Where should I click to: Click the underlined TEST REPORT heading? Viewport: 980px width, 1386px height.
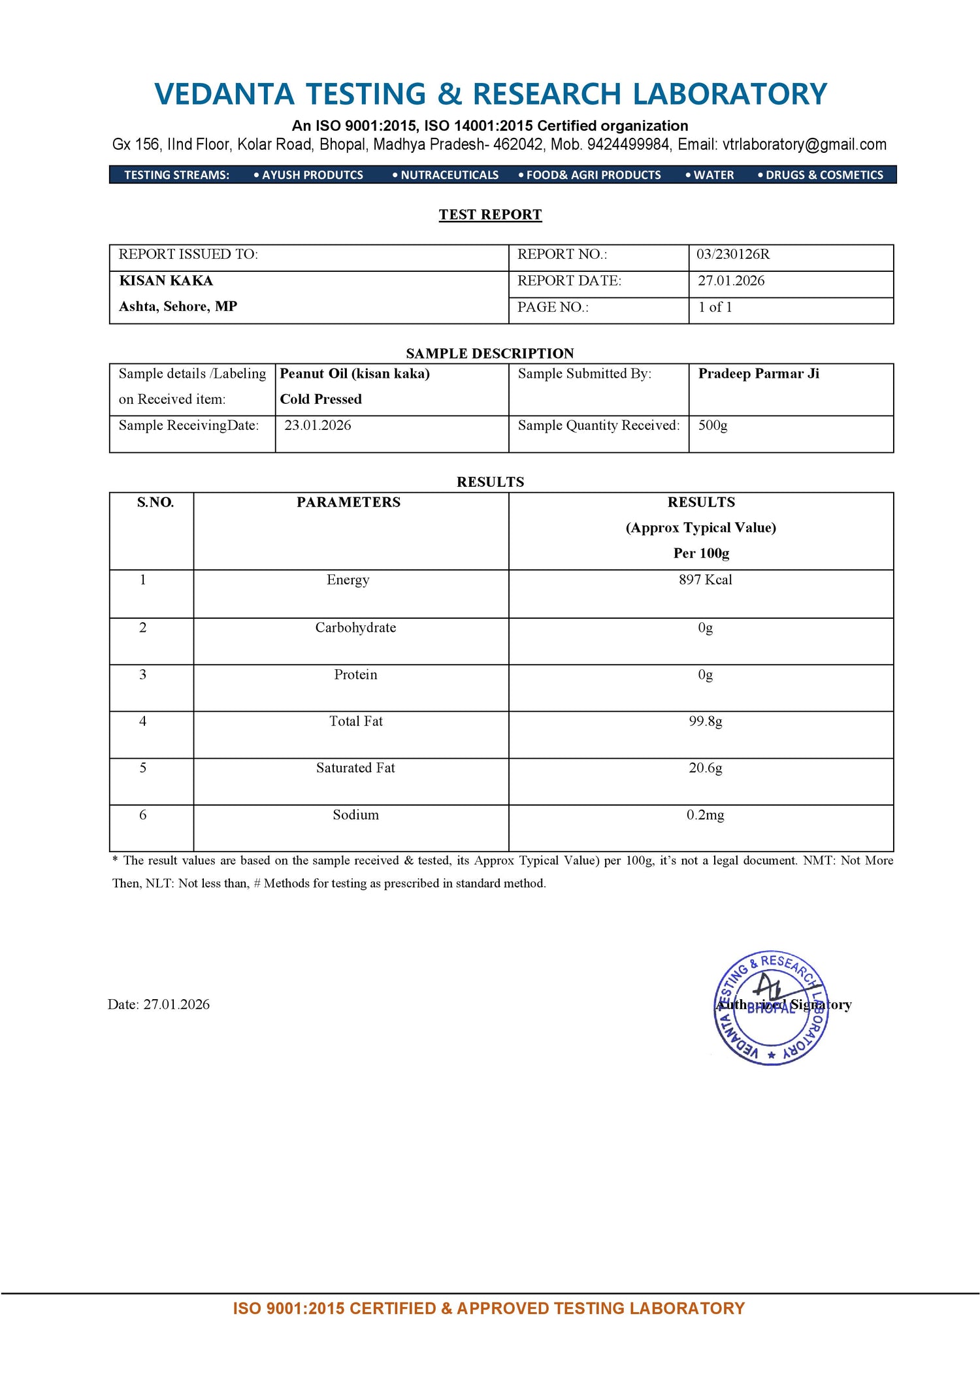pyautogui.click(x=490, y=214)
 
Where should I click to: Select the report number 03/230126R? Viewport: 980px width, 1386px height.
pyautogui.click(x=732, y=254)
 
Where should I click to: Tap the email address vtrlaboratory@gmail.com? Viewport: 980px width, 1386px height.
pyautogui.click(x=804, y=144)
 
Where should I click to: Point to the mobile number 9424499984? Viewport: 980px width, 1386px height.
pyautogui.click(x=628, y=144)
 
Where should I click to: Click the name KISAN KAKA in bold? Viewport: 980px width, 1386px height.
pyautogui.click(x=166, y=281)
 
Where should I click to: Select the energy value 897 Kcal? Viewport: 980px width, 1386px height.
pyautogui.click(x=705, y=580)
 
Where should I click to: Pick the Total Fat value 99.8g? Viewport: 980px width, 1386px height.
pyautogui.click(x=705, y=721)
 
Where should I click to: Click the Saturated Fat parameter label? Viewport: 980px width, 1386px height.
pyautogui.click(x=355, y=768)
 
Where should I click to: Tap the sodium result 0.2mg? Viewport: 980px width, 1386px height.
pyautogui.click(x=705, y=815)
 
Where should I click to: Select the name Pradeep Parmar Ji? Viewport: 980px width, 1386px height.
pyautogui.click(x=758, y=374)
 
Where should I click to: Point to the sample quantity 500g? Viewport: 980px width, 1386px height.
pyautogui.click(x=712, y=425)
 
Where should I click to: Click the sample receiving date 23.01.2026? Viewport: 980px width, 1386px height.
pyautogui.click(x=318, y=425)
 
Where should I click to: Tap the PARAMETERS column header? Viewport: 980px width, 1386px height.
pyautogui.click(x=348, y=502)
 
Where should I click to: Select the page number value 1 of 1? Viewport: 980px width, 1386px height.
pyautogui.click(x=715, y=307)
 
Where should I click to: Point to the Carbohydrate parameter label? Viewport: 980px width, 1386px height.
pyautogui.click(x=355, y=627)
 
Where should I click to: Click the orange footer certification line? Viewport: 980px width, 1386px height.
pyautogui.click(x=489, y=1308)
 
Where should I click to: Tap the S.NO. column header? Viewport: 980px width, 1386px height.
pyautogui.click(x=155, y=502)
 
